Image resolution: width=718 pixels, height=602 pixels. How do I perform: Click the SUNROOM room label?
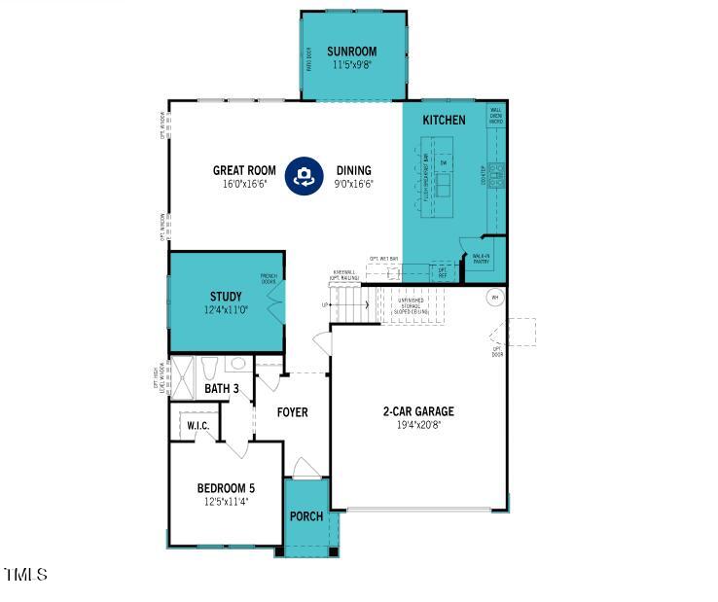click(x=351, y=52)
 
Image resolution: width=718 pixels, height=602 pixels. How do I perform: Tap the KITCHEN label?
click(x=444, y=121)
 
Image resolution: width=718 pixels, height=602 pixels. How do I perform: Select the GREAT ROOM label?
click(x=244, y=170)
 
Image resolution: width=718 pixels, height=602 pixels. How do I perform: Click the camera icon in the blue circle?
click(x=305, y=176)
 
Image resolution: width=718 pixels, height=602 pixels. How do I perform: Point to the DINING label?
click(x=353, y=170)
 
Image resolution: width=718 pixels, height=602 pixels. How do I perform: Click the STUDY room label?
click(x=226, y=297)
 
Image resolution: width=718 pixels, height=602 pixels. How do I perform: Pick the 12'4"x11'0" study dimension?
click(x=226, y=310)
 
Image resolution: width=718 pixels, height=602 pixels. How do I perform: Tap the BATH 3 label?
click(x=222, y=389)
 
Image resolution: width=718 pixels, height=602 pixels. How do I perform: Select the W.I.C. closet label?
click(x=198, y=425)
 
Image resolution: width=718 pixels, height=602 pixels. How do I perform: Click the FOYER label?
click(x=292, y=412)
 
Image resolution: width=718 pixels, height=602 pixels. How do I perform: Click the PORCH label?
click(x=306, y=516)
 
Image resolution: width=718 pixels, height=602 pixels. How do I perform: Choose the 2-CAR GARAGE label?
click(x=418, y=411)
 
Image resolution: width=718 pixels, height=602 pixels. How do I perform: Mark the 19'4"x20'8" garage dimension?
click(x=418, y=425)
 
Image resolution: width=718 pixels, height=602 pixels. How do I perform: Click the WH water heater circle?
click(x=494, y=298)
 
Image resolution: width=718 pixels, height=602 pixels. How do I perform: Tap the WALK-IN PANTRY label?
click(x=481, y=259)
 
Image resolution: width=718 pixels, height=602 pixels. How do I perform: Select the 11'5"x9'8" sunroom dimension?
click(x=351, y=65)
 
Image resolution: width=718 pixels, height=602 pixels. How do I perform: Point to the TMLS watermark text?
click(x=25, y=576)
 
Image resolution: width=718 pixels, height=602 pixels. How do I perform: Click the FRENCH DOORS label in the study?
click(x=269, y=279)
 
